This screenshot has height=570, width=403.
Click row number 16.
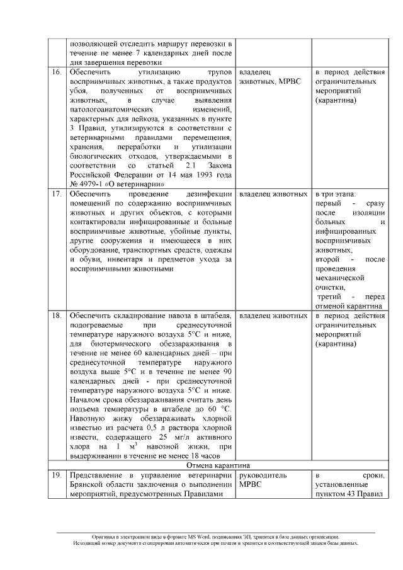[x=56, y=72]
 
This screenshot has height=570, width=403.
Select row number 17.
[x=56, y=194]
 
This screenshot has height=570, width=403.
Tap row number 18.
[x=56, y=315]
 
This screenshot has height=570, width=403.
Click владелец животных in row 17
[x=273, y=194]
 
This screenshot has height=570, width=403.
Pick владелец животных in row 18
[x=273, y=315]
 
